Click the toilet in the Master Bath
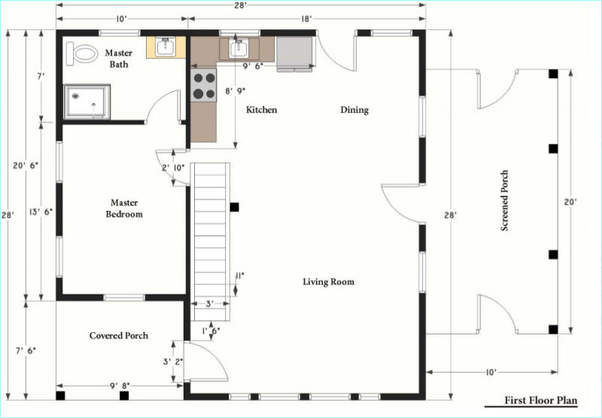point(82,53)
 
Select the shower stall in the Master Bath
point(87,102)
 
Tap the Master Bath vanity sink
point(166,47)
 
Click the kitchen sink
point(238,48)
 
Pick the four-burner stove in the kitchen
point(203,85)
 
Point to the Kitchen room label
point(261,110)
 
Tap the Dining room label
point(354,110)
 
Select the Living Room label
point(329,282)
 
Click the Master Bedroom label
point(124,208)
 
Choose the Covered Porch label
point(119,335)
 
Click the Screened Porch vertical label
point(504,200)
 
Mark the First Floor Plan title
point(541,401)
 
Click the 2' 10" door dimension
point(173,167)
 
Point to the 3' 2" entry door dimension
point(173,362)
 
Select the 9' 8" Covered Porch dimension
point(120,386)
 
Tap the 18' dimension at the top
point(306,19)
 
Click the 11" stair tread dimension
point(239,275)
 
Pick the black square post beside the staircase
point(234,207)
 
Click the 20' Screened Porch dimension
point(570,201)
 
